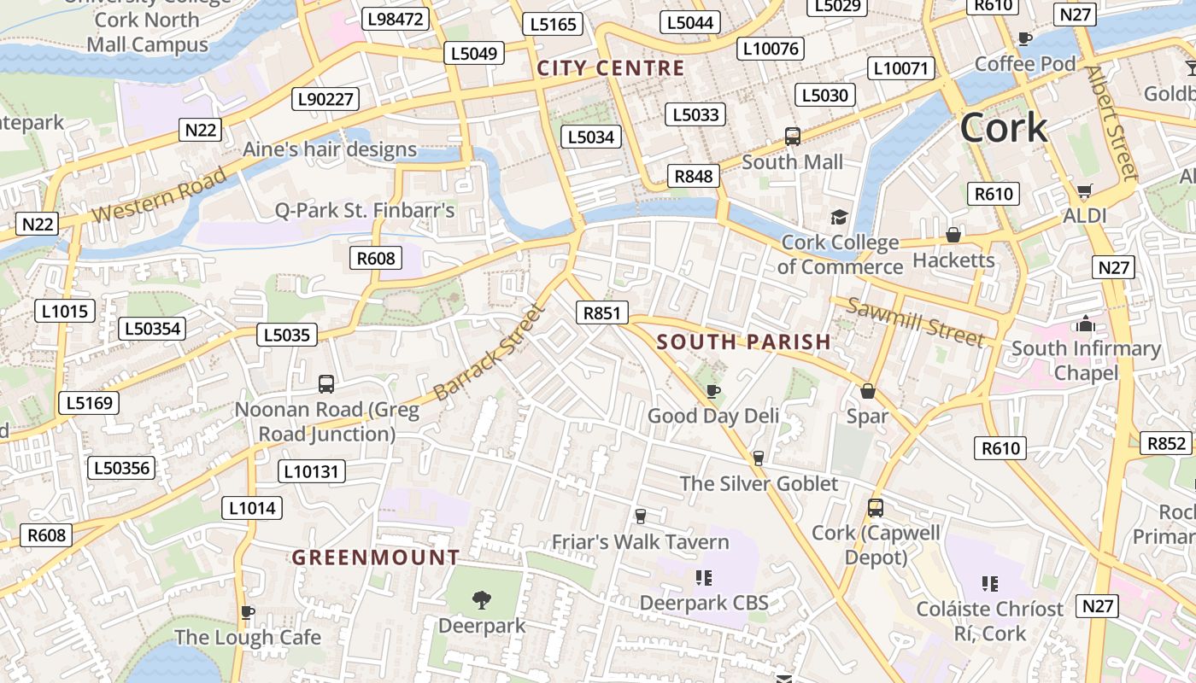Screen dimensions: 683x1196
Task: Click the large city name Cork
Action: pyautogui.click(x=1003, y=128)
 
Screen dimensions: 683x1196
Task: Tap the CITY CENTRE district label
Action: pyautogui.click(x=611, y=68)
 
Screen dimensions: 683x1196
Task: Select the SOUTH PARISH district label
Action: pyautogui.click(x=743, y=342)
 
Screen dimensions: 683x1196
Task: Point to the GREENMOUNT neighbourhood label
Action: pyautogui.click(x=376, y=557)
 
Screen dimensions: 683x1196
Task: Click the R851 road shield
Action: pyautogui.click(x=601, y=313)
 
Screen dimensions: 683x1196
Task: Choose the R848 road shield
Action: pyautogui.click(x=693, y=177)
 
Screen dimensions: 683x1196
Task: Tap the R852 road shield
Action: pyautogui.click(x=1166, y=443)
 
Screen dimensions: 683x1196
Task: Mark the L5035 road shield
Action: pyautogui.click(x=287, y=335)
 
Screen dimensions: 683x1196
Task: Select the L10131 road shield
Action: pyautogui.click(x=312, y=471)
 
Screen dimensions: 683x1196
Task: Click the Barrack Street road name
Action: pyautogui.click(x=489, y=353)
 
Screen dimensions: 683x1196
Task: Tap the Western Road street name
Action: pyautogui.click(x=160, y=195)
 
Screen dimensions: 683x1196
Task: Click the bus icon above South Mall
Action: pyautogui.click(x=793, y=137)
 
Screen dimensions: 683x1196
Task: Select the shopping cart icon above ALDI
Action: pyautogui.click(x=1084, y=191)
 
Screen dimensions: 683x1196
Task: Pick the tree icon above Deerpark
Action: pyautogui.click(x=482, y=600)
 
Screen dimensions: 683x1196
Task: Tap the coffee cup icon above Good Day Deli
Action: pyautogui.click(x=713, y=391)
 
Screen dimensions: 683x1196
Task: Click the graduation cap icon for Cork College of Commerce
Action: pyautogui.click(x=840, y=218)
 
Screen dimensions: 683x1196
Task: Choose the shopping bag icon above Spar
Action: pyautogui.click(x=868, y=391)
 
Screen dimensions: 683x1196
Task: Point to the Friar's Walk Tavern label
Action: pyautogui.click(x=640, y=542)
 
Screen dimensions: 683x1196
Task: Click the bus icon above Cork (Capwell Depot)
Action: pyautogui.click(x=876, y=508)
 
